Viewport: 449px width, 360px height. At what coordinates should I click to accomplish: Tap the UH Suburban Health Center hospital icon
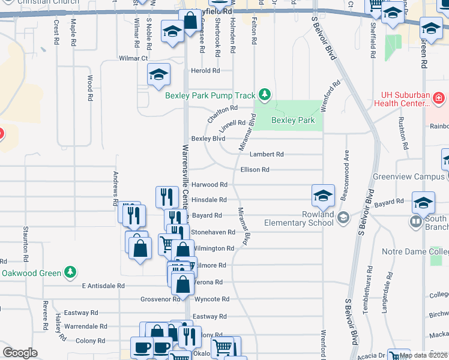pos(439,97)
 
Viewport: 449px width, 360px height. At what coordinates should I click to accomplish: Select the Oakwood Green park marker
pos(71,272)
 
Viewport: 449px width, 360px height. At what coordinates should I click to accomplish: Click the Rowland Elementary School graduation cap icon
pos(323,196)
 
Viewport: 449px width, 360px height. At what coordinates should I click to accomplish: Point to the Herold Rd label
pos(205,71)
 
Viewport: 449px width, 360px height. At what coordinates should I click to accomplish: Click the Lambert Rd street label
pos(267,154)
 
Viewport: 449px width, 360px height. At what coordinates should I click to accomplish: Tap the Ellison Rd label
pos(255,170)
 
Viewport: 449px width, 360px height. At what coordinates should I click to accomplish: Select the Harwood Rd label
pos(209,185)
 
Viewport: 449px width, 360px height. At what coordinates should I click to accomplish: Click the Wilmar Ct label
pos(133,58)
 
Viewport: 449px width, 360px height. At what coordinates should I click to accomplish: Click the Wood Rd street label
pos(89,88)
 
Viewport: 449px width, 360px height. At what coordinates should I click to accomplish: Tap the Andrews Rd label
pos(116,188)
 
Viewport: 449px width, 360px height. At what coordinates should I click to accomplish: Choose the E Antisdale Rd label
pos(103,286)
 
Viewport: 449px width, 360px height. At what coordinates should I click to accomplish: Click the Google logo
pos(20,353)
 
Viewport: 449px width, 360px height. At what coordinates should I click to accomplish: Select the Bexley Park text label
pos(293,120)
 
